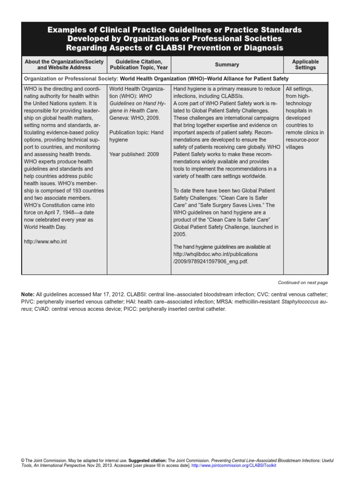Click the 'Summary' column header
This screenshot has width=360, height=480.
227,65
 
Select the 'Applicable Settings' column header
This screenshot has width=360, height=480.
305,65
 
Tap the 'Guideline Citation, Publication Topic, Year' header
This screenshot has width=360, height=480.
136,65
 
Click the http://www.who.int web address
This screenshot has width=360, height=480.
42,242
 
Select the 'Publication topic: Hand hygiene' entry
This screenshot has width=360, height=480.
136,136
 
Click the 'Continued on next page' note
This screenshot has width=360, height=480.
303,283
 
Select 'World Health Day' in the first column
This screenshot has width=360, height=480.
45,227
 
